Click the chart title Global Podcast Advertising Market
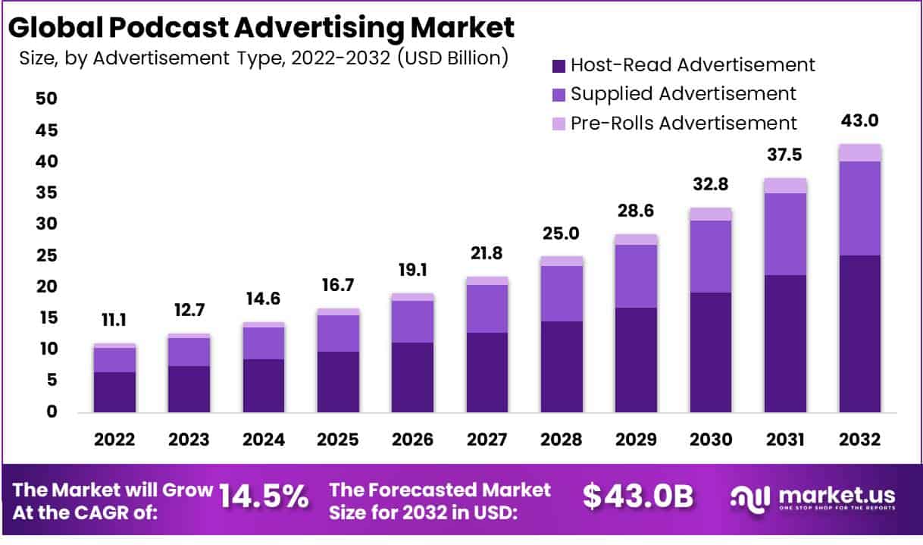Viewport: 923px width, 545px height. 262,27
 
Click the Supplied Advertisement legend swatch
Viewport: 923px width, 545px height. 558,95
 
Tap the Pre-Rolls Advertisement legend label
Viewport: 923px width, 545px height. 684,123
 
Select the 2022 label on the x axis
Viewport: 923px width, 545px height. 114,440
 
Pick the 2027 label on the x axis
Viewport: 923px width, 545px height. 487,440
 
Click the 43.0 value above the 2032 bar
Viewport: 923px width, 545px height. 859,121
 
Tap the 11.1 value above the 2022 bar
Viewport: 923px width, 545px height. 114,321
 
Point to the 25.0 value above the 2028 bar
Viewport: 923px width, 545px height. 561,233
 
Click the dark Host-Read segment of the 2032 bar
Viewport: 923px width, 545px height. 859,334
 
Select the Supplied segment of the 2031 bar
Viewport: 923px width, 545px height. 785,233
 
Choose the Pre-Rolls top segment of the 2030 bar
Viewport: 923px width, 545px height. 710,214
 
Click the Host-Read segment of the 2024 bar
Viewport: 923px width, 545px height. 263,385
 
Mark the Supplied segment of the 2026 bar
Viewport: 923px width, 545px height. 412,321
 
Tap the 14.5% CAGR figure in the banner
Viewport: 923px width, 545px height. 264,497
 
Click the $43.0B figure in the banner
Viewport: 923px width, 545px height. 637,496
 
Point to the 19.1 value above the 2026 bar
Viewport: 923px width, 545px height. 412,270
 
